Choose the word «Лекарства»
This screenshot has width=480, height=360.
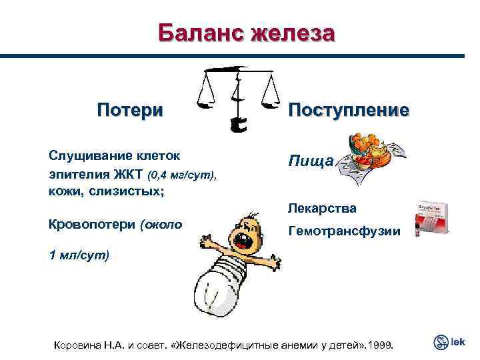[322, 208]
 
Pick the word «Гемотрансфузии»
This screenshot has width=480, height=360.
[344, 231]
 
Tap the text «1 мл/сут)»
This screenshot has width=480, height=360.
[79, 255]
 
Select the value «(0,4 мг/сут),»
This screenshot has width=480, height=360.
[180, 175]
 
